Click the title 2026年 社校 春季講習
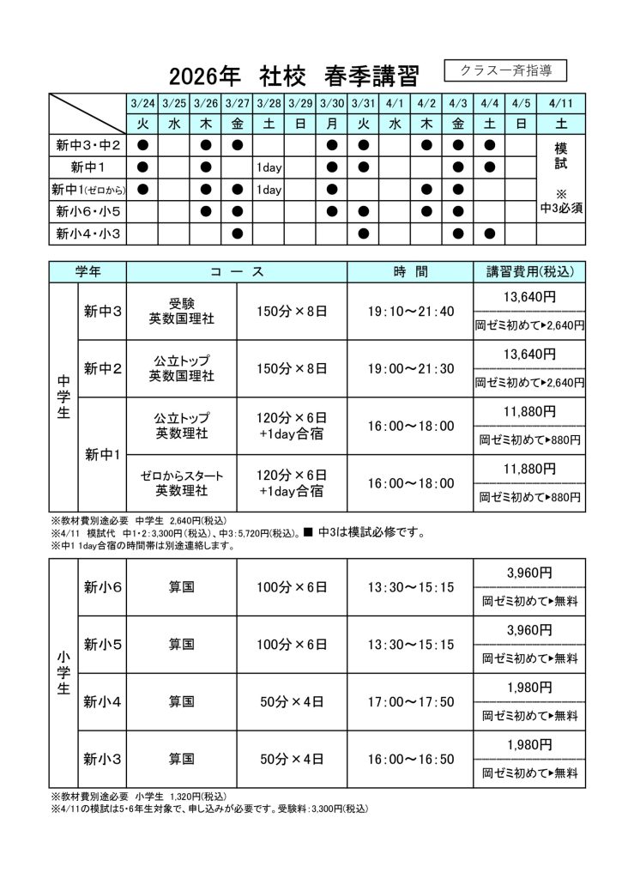293,77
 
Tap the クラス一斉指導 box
505,70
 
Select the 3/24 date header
142,103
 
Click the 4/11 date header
560,103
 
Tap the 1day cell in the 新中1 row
269,167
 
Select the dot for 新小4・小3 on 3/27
238,233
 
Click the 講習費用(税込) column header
529,272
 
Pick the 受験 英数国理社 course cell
181,311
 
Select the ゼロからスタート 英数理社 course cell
181,483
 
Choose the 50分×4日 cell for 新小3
292,759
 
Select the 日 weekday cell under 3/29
299,124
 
